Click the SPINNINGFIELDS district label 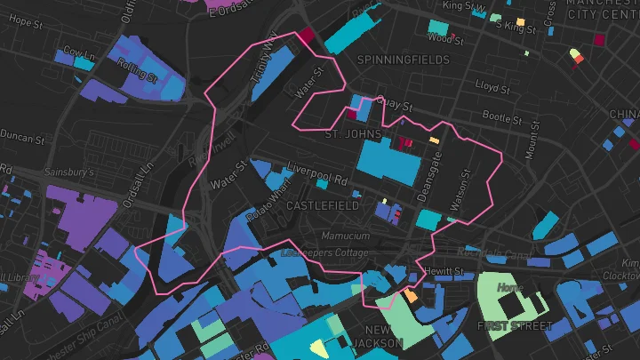pos(392,59)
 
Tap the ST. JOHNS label pos(353,134)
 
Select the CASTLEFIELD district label pos(323,205)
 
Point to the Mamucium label pos(345,236)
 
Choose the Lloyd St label pos(492,86)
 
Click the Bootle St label pos(502,116)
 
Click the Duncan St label pos(22,139)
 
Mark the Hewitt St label pos(444,270)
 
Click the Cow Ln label pos(78,53)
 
